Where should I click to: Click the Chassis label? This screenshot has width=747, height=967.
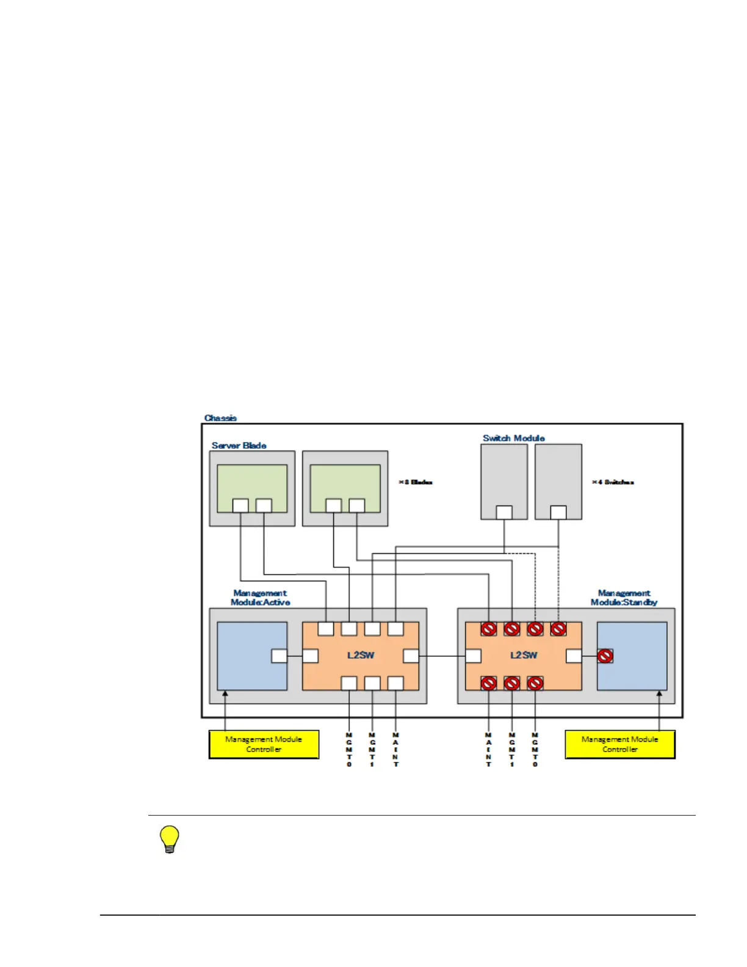click(x=220, y=418)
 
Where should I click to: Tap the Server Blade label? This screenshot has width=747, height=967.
click(x=239, y=446)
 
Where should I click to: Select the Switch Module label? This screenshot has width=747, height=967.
click(x=513, y=438)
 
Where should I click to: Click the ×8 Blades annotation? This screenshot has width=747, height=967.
click(x=416, y=482)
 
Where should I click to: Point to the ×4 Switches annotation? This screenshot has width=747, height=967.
click(x=613, y=482)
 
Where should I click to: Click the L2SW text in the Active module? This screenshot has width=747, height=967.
click(x=361, y=655)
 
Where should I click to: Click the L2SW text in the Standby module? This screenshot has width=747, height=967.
click(x=524, y=655)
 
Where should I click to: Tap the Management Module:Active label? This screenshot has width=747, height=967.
click(x=260, y=598)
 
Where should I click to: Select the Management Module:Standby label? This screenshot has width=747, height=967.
click(x=624, y=598)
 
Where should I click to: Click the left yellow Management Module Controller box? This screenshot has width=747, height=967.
click(x=264, y=744)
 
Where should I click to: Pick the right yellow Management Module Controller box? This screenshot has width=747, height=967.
click(x=620, y=744)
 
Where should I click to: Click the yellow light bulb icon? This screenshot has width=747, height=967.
click(x=170, y=839)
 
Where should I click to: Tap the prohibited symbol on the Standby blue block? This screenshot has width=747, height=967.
click(x=605, y=656)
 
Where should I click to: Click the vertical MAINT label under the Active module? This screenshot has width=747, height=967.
click(x=396, y=750)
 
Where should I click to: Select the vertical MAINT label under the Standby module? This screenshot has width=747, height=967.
click(x=489, y=750)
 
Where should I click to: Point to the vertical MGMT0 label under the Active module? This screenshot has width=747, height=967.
click(x=349, y=750)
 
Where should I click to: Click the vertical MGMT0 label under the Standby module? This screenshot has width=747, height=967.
click(x=535, y=750)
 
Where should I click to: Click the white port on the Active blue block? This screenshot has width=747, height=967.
click(x=279, y=656)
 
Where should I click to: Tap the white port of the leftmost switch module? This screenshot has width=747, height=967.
click(x=504, y=512)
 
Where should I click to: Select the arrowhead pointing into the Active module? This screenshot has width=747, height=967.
click(x=225, y=694)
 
